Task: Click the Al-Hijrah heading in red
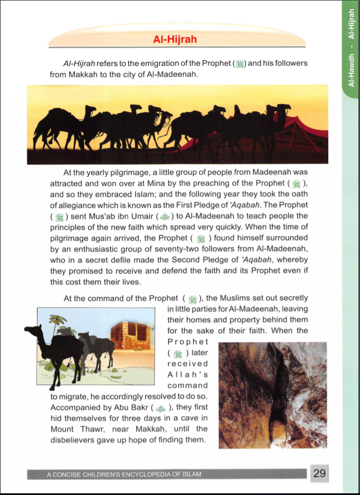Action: click(175, 40)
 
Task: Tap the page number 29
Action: click(320, 473)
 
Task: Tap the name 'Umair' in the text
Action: click(139, 216)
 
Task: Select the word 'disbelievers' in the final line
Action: click(76, 440)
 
